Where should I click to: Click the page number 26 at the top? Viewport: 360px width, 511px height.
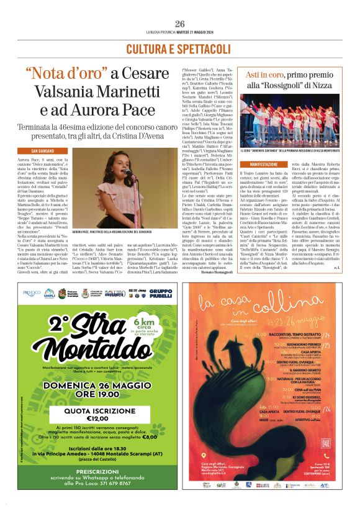pyautogui.click(x=179, y=23)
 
